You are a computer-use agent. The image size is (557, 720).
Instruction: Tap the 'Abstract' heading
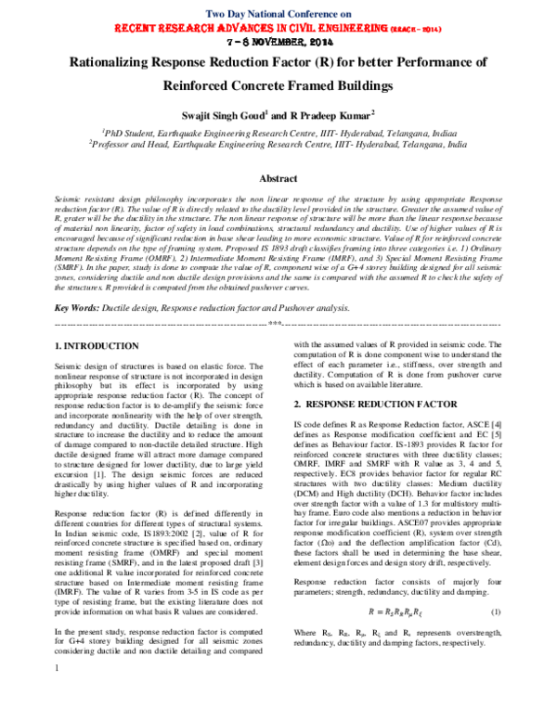pyautogui.click(x=278, y=177)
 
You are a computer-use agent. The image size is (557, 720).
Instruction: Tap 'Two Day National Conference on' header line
pyautogui.click(x=278, y=15)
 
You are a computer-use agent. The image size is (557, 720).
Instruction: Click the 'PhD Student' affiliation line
pyautogui.click(x=278, y=133)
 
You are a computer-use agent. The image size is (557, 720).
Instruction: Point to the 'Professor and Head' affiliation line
pyautogui.click(x=278, y=145)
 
